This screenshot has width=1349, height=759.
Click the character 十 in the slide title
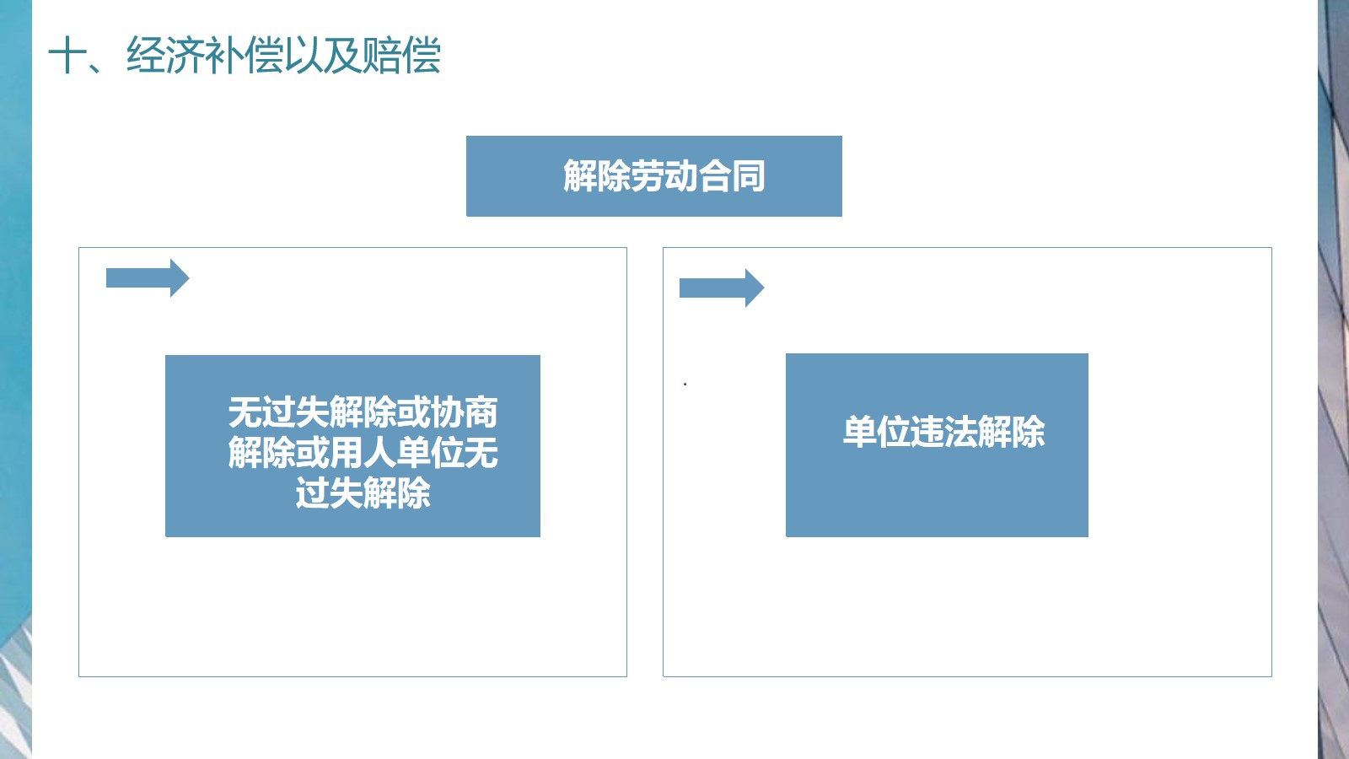point(67,56)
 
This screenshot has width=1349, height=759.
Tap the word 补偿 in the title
point(244,56)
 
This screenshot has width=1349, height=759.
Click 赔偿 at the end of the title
point(401,56)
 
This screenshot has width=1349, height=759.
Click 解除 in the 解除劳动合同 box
point(596,176)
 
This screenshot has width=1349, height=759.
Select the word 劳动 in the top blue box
point(664,176)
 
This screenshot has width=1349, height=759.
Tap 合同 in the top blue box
point(731,176)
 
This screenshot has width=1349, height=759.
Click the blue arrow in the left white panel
point(148,277)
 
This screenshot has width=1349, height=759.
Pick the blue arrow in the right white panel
point(722,288)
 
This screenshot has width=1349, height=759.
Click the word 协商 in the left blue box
point(465,412)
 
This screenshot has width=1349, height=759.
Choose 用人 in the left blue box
point(363,453)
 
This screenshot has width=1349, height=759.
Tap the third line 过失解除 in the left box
point(363,493)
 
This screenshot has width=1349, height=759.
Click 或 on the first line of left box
point(414,412)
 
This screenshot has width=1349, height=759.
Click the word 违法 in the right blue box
point(943,432)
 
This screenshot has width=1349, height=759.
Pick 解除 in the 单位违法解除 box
point(1011,432)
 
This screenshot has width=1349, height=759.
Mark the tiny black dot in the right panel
point(685,384)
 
